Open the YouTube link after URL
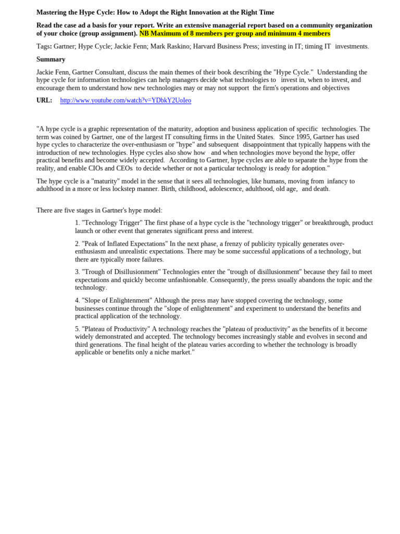pyautogui.click(x=126, y=101)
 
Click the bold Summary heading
pyautogui.click(x=51, y=59)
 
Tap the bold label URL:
pyautogui.click(x=44, y=101)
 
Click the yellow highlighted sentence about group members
pyautogui.click(x=234, y=33)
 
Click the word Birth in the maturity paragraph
pyautogui.click(x=169, y=189)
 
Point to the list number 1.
pyautogui.click(x=77, y=223)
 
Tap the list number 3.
pyautogui.click(x=77, y=272)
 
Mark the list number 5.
pyautogui.click(x=77, y=329)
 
